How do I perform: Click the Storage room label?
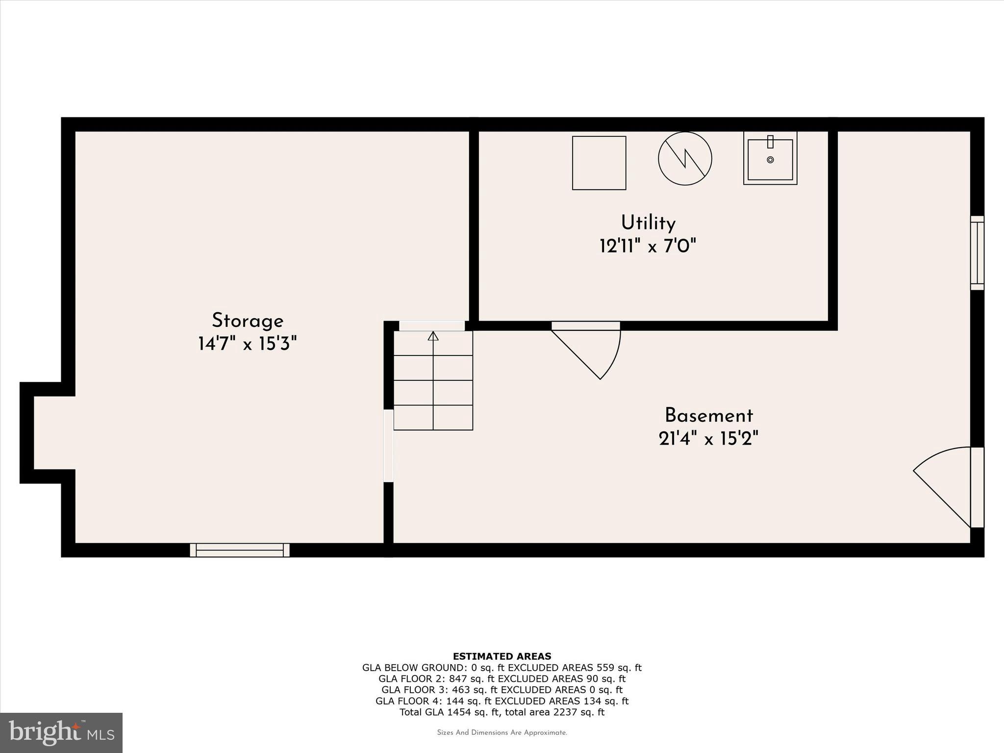(248, 321)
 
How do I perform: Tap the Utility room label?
(648, 223)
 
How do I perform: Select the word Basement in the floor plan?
(708, 416)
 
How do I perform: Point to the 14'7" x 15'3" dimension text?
(248, 344)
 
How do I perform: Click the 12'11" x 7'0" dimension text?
(648, 246)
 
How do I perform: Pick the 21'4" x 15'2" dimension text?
(708, 438)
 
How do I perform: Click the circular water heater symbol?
(685, 158)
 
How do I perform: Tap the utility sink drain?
(770, 160)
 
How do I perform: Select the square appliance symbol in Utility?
(599, 163)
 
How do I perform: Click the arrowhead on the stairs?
(433, 336)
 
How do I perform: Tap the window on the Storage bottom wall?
(240, 550)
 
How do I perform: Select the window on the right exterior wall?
(978, 252)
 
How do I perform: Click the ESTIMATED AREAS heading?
(502, 656)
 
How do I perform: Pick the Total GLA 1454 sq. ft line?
(502, 712)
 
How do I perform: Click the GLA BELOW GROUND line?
(502, 668)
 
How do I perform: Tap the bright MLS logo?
(61, 733)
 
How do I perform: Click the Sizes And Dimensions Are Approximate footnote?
(502, 733)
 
